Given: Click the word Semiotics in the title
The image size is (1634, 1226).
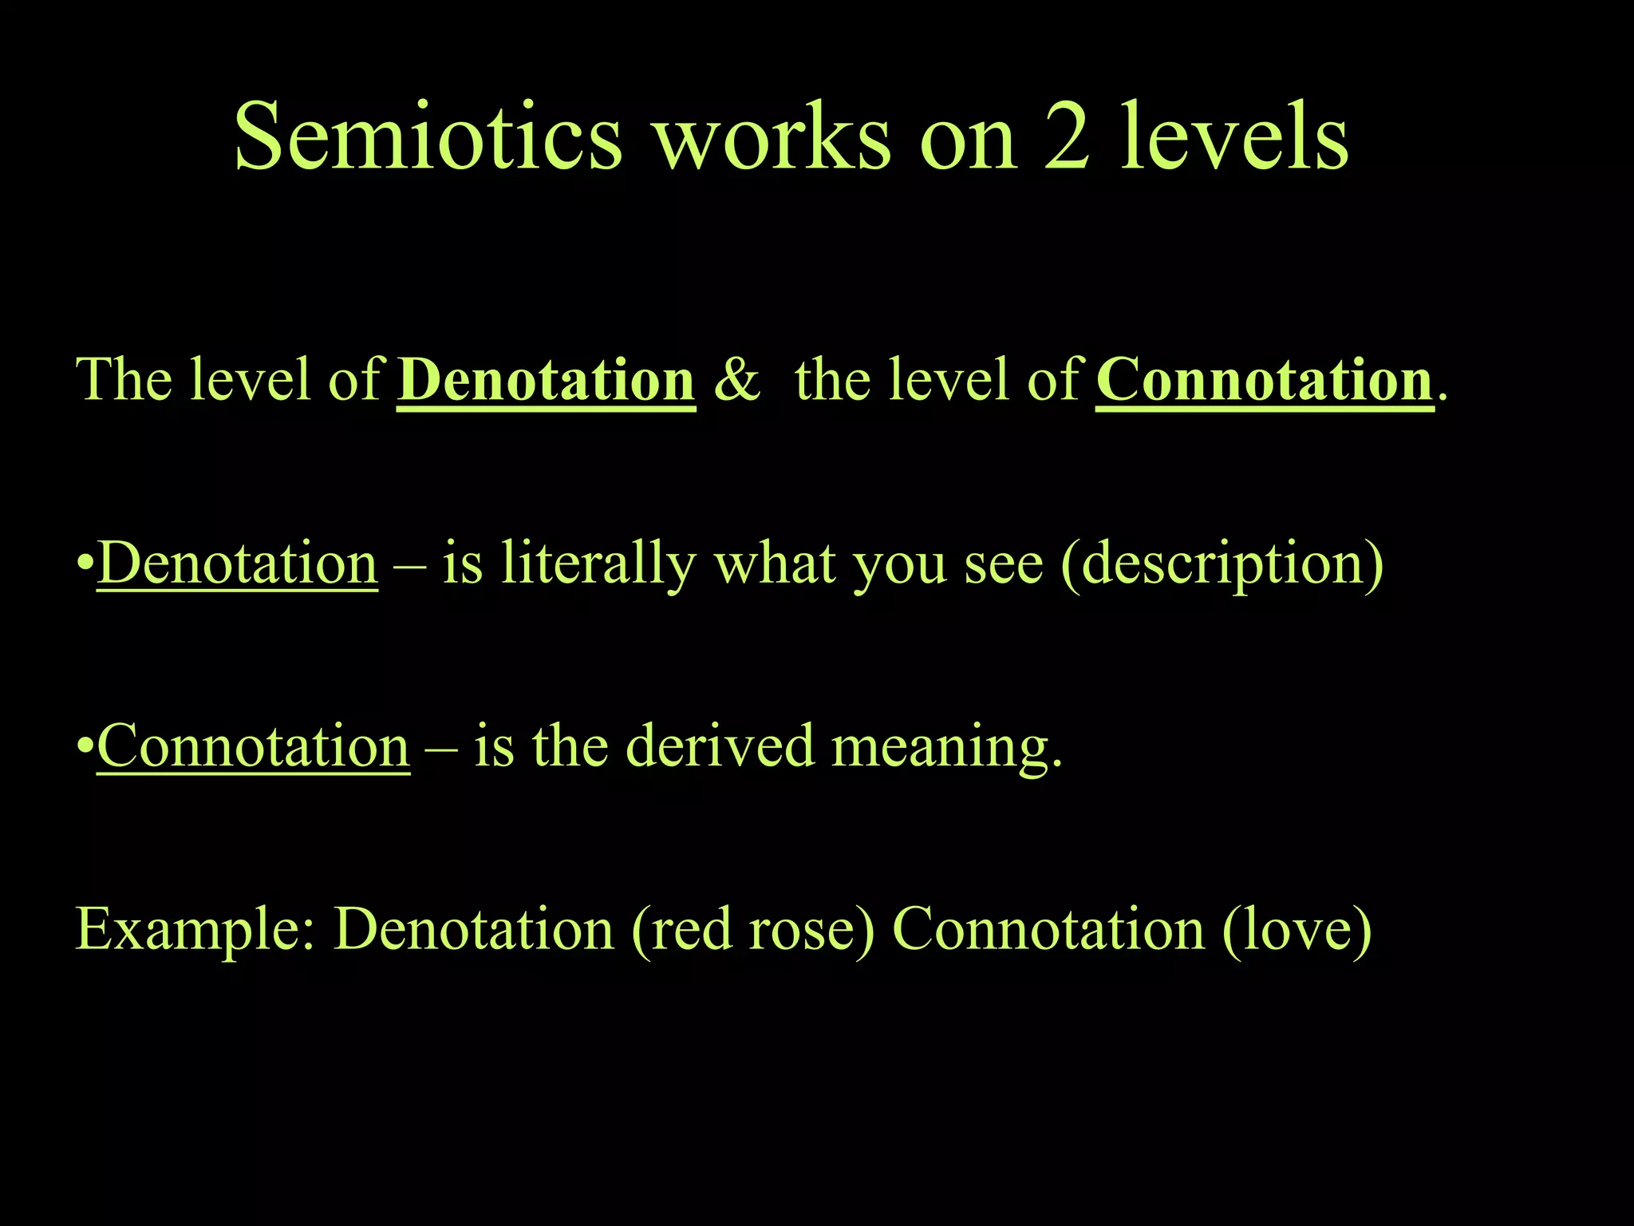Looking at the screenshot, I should click(428, 137).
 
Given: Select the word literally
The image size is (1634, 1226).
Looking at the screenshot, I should click(598, 565).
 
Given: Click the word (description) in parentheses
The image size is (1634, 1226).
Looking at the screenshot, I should click(1222, 565).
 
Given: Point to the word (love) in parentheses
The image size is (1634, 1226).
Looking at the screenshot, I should click(1297, 930).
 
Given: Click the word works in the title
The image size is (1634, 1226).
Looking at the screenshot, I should click(772, 137).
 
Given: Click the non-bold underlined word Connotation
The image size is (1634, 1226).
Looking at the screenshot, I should click(253, 746).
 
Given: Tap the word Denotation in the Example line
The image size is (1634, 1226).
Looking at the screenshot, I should click(474, 930).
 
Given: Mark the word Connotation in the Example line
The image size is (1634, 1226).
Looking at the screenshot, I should click(1048, 930).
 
